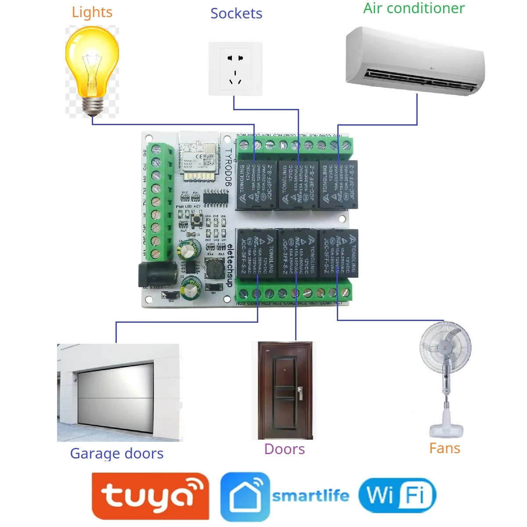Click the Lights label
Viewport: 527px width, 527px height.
pos(92,12)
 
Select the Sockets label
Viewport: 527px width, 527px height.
pos(236,14)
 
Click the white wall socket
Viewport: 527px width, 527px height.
pos(235,69)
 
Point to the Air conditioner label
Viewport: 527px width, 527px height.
pos(414,8)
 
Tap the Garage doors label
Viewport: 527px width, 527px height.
pos(117,453)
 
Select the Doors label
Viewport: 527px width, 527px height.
pos(285,449)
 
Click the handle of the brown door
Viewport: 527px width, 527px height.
pos(300,392)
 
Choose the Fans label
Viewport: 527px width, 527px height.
pos(445,448)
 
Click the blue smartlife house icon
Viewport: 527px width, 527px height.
pos(245,497)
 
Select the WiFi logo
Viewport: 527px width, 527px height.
pos(397,495)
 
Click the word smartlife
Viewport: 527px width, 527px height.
pos(310,496)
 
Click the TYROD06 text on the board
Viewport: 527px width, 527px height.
pos(228,167)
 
